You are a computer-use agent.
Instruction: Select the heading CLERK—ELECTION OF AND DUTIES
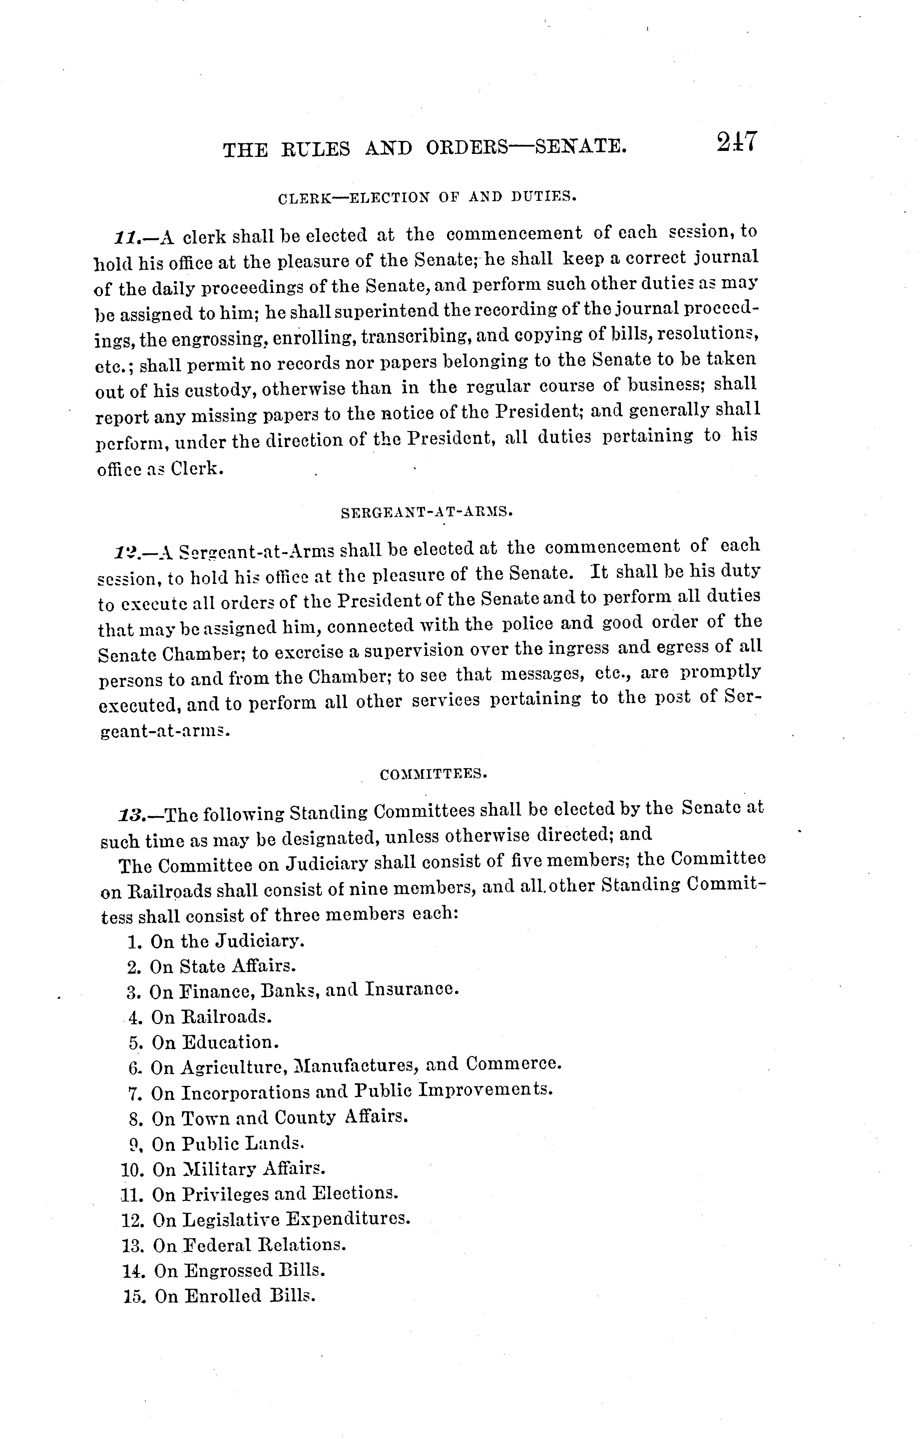(427, 197)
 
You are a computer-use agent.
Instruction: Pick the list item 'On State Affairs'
(213, 966)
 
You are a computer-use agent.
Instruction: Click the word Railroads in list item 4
(226, 1016)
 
